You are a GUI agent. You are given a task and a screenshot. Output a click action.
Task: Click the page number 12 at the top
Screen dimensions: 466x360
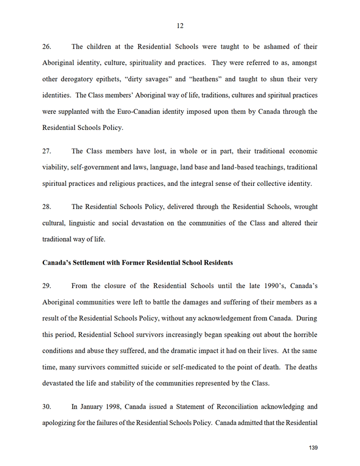click(x=180, y=25)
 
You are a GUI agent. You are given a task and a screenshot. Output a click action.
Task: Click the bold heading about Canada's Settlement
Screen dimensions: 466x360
click(x=138, y=262)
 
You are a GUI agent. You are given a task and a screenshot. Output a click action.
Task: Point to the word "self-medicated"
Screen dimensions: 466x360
click(x=205, y=367)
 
